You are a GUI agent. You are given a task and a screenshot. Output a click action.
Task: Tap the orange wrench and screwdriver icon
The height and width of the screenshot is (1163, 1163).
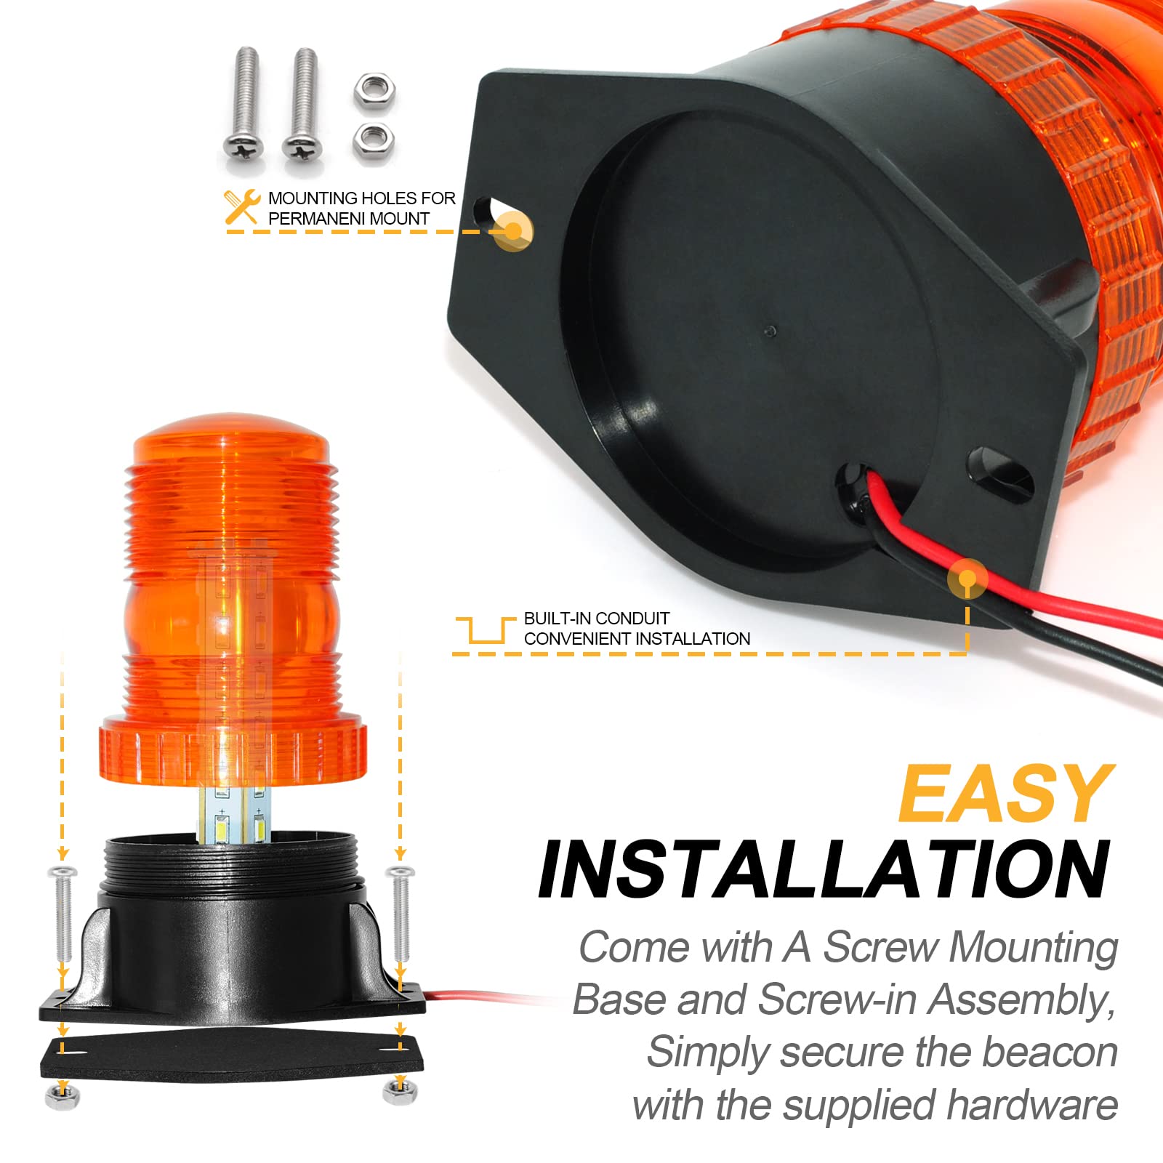[x=242, y=207]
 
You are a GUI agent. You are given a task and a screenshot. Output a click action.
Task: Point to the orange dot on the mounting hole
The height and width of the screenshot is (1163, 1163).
[x=513, y=231]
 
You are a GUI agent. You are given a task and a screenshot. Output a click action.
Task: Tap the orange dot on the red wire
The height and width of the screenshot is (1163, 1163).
[x=967, y=579]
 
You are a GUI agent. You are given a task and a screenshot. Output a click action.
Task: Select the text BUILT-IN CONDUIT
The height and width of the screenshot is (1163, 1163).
[x=596, y=619]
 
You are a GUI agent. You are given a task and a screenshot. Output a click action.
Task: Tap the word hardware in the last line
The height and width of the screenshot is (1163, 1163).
[x=1032, y=1106]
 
